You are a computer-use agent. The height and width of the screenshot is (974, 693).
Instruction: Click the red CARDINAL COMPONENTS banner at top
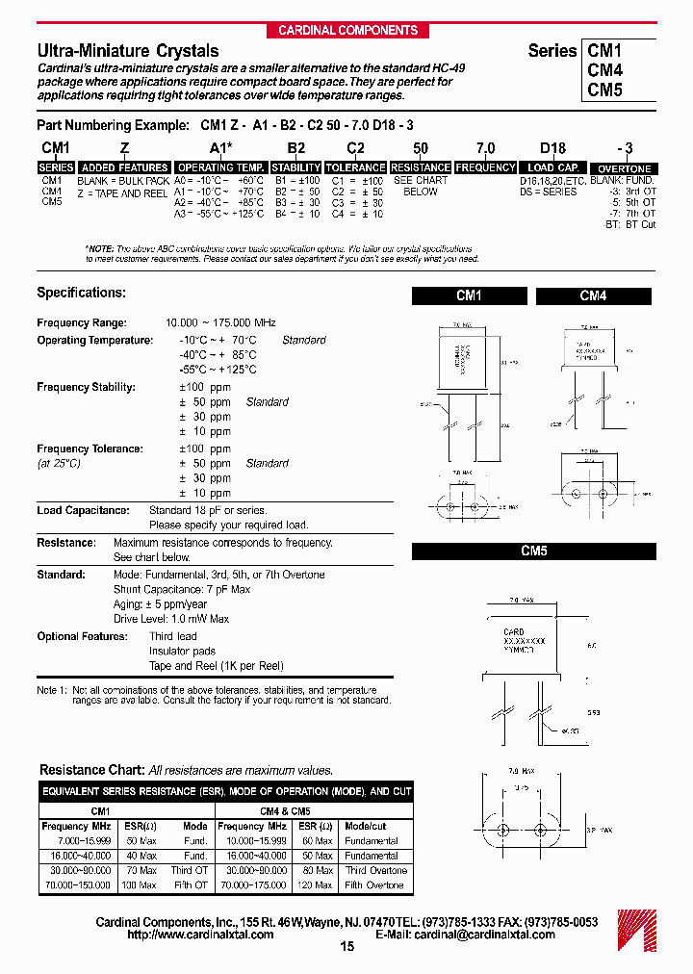347,30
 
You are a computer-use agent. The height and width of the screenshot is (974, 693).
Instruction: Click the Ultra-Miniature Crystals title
128,51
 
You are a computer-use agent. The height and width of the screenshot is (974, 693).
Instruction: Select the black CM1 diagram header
468,296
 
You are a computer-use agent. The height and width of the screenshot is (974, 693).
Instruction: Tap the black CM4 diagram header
593,296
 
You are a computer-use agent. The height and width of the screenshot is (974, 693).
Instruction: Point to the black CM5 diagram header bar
533,551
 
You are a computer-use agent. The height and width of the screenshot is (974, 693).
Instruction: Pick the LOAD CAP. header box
553,167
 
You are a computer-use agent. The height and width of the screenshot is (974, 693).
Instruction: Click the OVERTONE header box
625,168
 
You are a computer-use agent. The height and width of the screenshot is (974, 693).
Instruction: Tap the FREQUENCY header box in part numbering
485,167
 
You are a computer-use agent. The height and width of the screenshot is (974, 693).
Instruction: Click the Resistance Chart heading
92,770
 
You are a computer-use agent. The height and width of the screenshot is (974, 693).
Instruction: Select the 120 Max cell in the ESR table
316,884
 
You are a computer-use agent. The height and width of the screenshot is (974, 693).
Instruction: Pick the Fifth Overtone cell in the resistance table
374,884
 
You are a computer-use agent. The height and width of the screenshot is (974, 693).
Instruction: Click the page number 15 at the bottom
347,947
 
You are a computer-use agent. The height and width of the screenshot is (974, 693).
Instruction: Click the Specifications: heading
82,293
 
